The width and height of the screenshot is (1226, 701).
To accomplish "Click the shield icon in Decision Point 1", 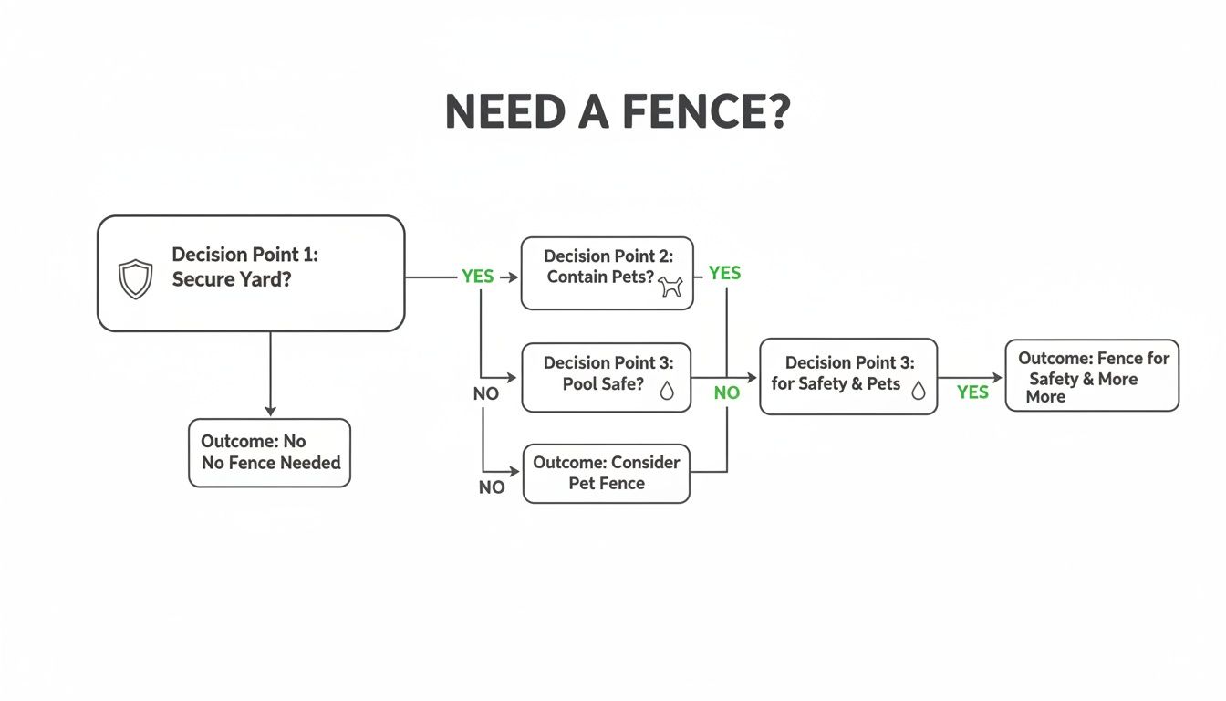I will coord(136,279).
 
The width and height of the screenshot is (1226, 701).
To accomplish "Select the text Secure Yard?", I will coord(232,280).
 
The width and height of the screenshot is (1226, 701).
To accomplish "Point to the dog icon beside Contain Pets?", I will coord(670,287).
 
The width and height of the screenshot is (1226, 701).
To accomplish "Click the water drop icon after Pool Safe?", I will coord(667,390).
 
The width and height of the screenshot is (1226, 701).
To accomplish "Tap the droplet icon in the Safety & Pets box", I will coord(918,390).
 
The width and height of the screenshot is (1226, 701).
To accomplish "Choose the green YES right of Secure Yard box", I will coord(477,276).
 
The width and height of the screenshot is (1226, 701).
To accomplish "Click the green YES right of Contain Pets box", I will coord(724,273).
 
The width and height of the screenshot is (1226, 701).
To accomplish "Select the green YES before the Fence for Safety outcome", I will coord(972,392).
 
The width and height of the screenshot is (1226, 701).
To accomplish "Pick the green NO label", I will coord(726,392).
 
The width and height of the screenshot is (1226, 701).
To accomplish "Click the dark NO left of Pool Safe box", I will coord(485,395).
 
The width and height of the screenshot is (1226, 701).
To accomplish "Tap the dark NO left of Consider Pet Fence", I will coord(492,487).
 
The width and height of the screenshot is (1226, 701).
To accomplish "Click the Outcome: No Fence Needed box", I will coord(269,453).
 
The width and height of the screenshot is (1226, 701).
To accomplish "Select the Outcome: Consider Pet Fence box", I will coord(607,473).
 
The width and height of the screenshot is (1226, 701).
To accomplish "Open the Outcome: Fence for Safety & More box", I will coord(1092,376).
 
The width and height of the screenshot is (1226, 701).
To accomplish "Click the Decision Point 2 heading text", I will coord(608,256).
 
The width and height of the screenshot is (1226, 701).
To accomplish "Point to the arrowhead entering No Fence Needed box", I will coord(270,412).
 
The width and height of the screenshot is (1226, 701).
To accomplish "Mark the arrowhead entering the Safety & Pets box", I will coord(753,377).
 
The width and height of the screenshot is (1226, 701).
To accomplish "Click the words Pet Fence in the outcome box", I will coord(607,484).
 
